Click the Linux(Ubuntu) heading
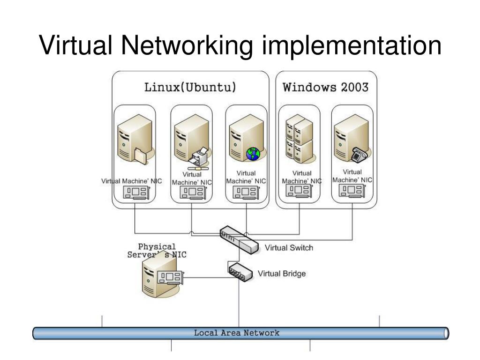pos(189,87)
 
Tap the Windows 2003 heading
pos(325,87)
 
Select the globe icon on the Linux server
pos(253,154)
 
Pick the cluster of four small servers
pos(299,138)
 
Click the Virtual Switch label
pos(289,248)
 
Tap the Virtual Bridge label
pos(282,274)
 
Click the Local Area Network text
pos(237,333)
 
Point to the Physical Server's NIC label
pos(157,251)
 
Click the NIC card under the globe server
pos(246,192)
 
